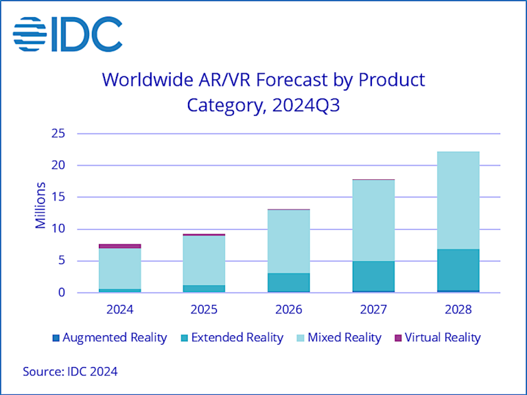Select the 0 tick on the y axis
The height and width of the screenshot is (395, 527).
pyautogui.click(x=62, y=293)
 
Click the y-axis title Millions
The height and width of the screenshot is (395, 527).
pyautogui.click(x=41, y=205)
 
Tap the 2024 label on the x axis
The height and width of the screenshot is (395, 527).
pyautogui.click(x=120, y=309)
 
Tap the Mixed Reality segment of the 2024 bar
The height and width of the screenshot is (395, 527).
pyautogui.click(x=120, y=268)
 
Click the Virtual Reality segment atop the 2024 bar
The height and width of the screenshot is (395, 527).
pyautogui.click(x=120, y=245)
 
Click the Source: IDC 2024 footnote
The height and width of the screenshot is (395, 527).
pyautogui.click(x=70, y=372)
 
